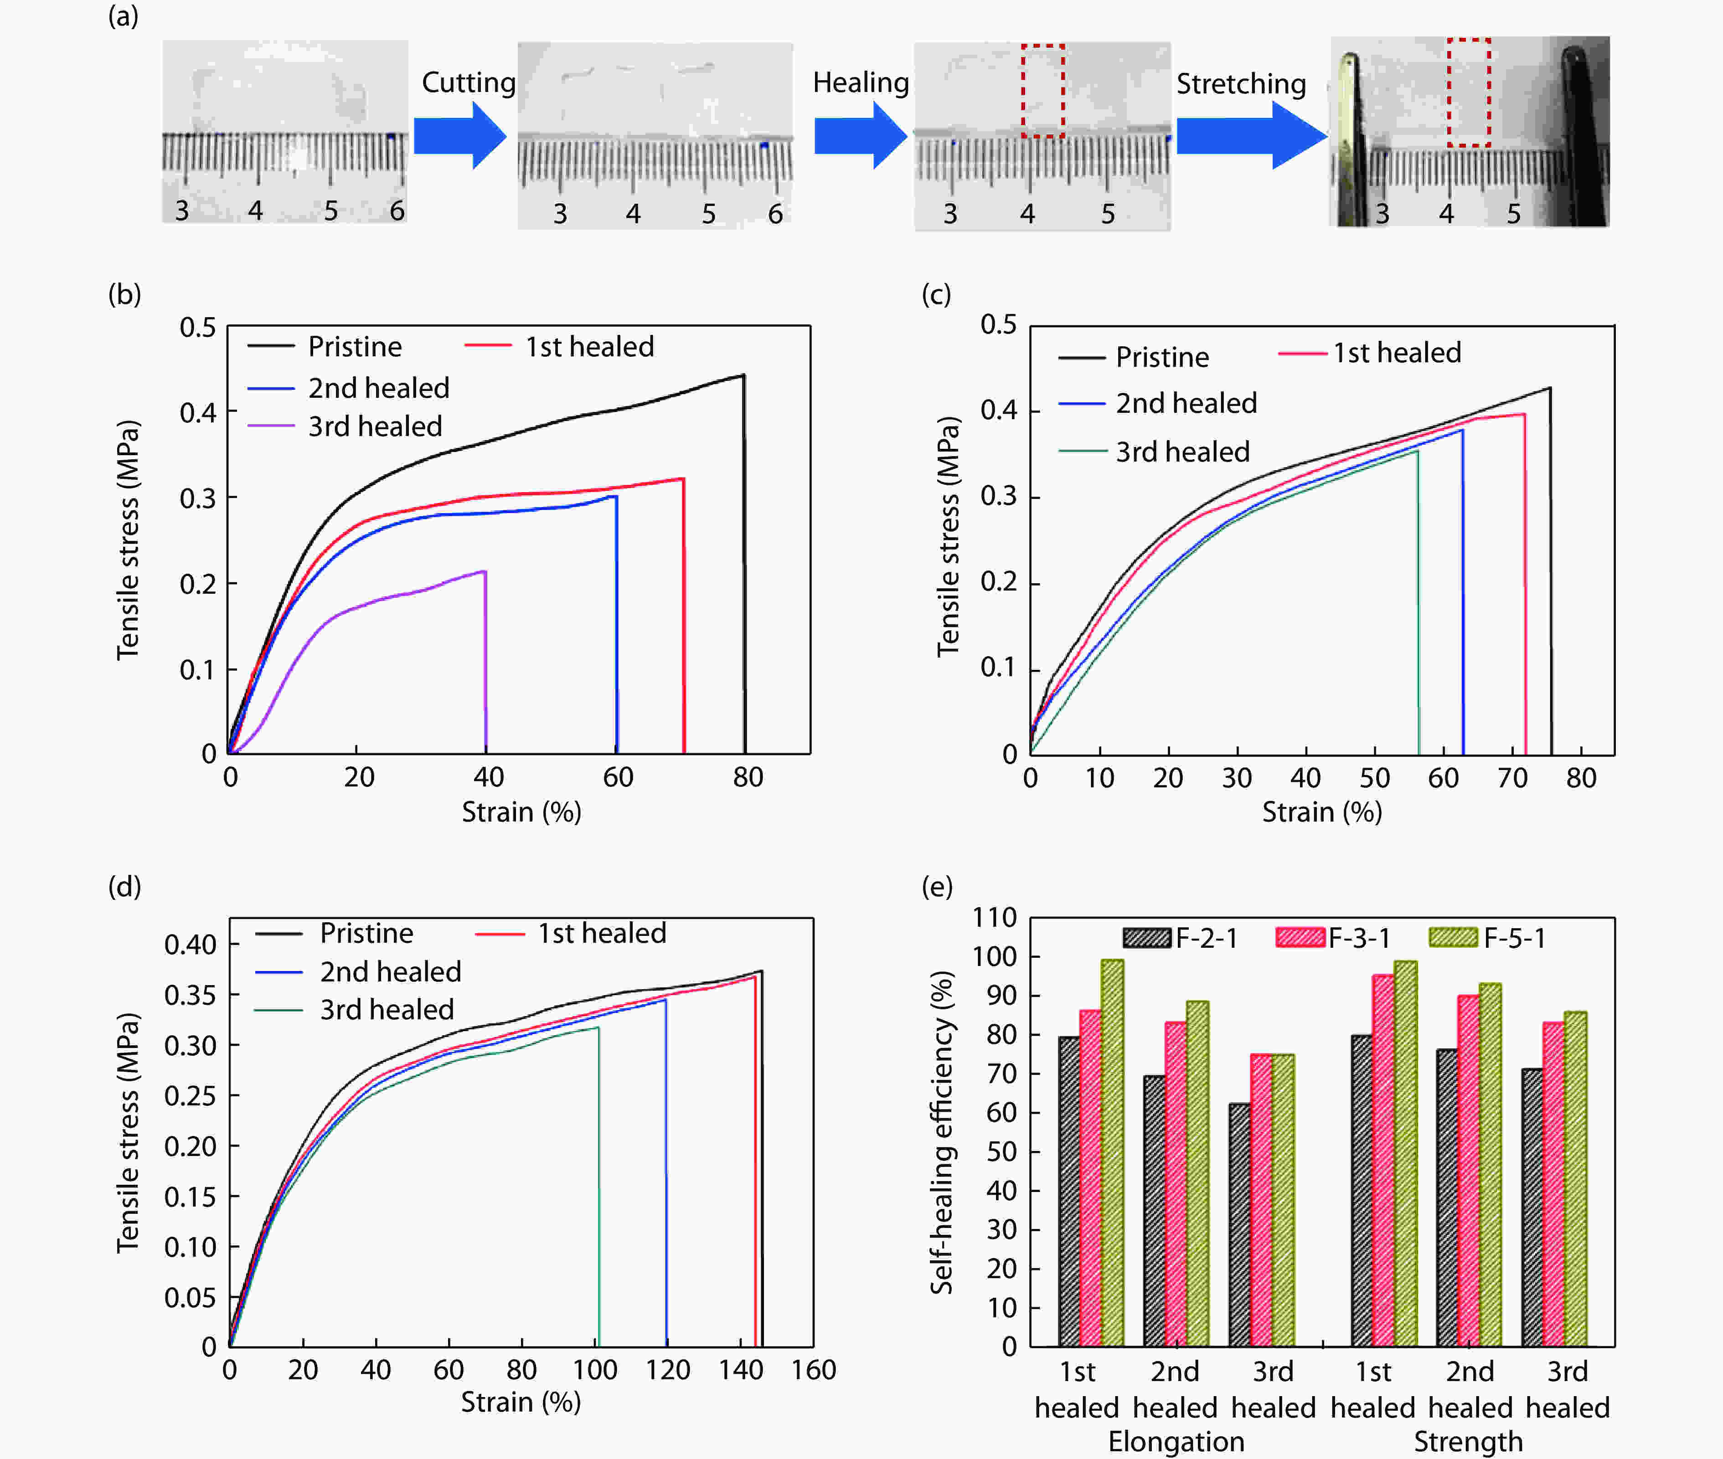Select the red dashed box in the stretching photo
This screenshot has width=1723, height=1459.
tap(1468, 92)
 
